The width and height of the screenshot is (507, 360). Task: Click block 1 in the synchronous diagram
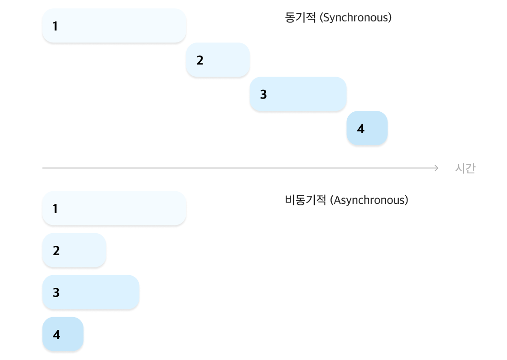[114, 26]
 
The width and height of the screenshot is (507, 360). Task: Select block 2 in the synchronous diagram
[218, 60]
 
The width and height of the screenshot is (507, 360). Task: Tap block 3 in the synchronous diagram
[298, 94]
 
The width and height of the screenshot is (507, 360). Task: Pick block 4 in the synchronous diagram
[367, 128]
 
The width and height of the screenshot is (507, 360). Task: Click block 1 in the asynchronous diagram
[114, 209]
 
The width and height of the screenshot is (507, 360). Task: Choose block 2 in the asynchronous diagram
[74, 250]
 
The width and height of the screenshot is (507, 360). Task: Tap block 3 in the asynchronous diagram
[91, 292]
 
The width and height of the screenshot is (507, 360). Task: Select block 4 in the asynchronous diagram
[63, 334]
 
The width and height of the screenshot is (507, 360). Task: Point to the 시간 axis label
[465, 168]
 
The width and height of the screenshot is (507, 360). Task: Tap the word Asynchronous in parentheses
[371, 200]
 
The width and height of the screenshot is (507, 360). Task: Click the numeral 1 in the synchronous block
[55, 26]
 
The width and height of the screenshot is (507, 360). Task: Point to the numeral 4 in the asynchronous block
[56, 334]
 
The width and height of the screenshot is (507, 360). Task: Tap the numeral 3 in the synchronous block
[263, 94]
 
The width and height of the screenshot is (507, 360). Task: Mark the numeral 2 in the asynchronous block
[56, 250]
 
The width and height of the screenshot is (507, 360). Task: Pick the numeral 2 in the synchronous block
[200, 60]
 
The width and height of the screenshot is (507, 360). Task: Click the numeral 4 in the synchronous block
[361, 129]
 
